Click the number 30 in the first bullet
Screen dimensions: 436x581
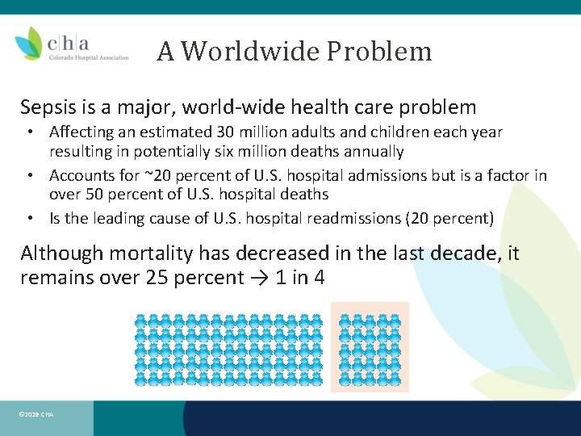click(225, 132)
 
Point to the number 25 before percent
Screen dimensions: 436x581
click(153, 278)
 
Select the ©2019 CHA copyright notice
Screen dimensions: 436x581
click(36, 414)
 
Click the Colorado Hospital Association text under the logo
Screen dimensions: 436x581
click(89, 57)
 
